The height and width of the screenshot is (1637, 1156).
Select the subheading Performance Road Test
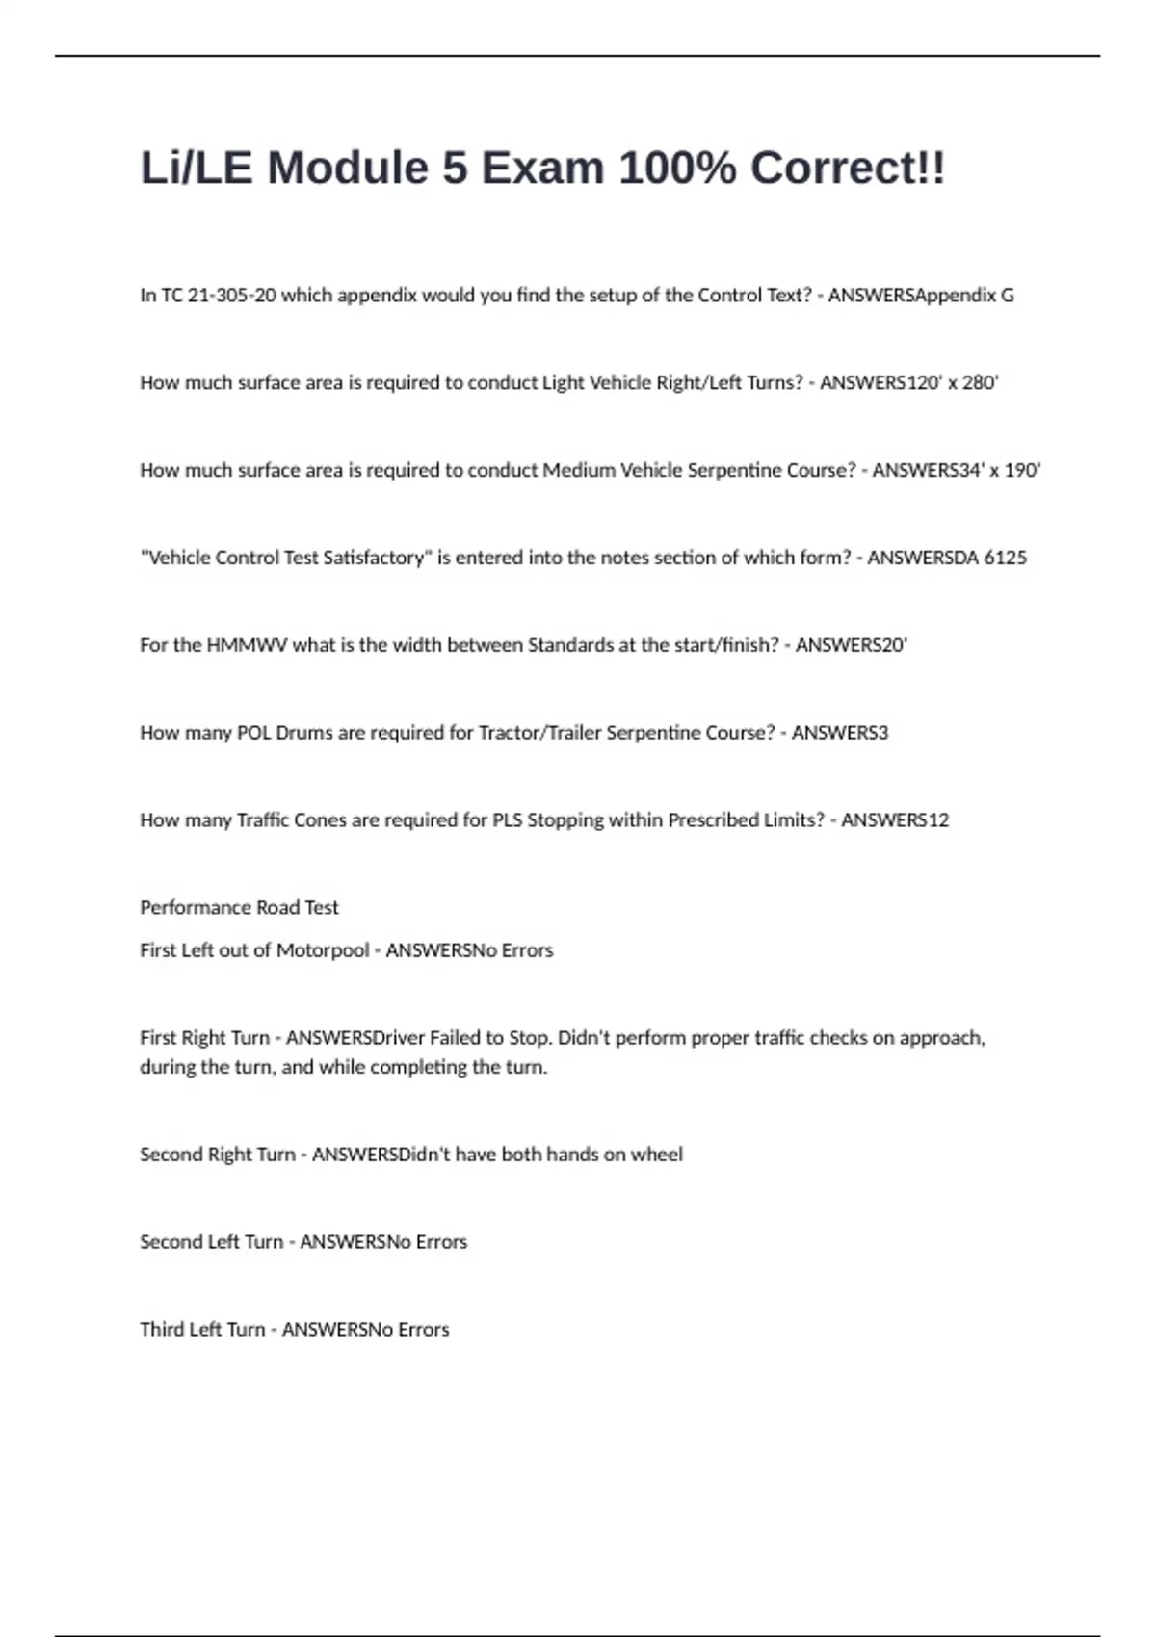[239, 908]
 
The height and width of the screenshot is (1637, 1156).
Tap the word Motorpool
[323, 950]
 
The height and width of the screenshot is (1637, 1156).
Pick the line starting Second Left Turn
[302, 1242]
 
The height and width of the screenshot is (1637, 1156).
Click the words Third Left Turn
[202, 1330]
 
